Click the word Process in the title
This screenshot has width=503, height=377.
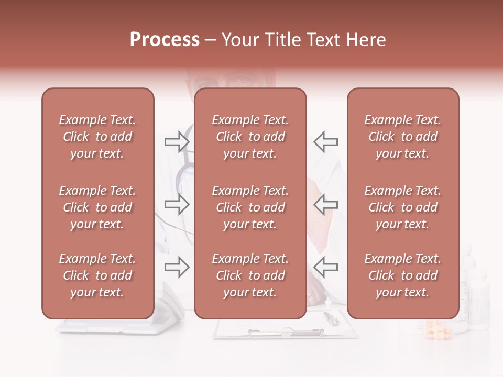[x=165, y=40]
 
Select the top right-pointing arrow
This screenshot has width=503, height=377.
[x=177, y=141]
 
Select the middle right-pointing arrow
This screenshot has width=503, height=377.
[x=177, y=204]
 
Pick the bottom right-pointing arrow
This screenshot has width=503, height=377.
[x=177, y=268]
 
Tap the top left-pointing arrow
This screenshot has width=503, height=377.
[x=326, y=141]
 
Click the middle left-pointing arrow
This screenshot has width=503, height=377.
[x=326, y=204]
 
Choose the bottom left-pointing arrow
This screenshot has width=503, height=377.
[x=326, y=268]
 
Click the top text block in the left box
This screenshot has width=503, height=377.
[x=97, y=137]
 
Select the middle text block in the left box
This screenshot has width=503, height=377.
[x=97, y=207]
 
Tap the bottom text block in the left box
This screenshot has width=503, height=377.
[x=97, y=275]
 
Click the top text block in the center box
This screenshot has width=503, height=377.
[x=250, y=137]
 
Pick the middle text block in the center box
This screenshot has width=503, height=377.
[x=250, y=207]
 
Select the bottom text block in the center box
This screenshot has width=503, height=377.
[x=250, y=275]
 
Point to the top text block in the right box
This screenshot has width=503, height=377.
[x=402, y=137]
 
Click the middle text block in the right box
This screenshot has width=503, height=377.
[x=402, y=207]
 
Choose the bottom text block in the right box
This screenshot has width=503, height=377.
[x=402, y=275]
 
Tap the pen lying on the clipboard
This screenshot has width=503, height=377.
[x=331, y=317]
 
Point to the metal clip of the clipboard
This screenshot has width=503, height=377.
[x=286, y=331]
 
